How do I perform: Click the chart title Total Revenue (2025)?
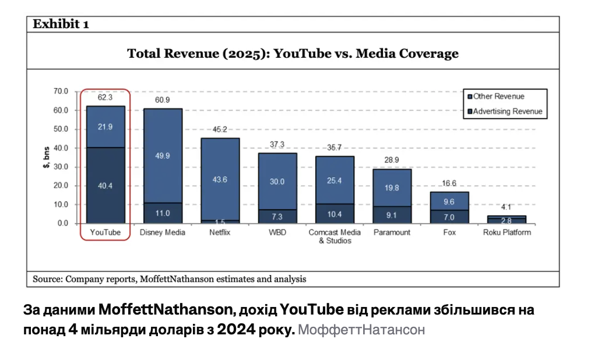click(x=293, y=54)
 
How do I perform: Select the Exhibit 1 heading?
click(x=61, y=24)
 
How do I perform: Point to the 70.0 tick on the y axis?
click(x=61, y=91)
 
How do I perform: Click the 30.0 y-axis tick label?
click(x=61, y=167)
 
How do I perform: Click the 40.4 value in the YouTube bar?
click(x=105, y=186)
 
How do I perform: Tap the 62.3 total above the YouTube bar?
click(x=105, y=98)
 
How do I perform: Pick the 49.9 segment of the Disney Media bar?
click(x=163, y=156)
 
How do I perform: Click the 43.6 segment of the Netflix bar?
click(x=220, y=179)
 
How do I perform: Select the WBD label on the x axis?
click(x=277, y=232)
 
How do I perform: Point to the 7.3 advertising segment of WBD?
click(x=277, y=217)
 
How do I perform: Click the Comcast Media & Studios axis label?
click(x=335, y=236)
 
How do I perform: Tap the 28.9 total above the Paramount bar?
click(x=392, y=160)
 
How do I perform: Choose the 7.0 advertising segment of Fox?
click(x=449, y=217)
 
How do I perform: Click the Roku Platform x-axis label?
click(x=506, y=232)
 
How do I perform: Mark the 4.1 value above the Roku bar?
click(x=506, y=207)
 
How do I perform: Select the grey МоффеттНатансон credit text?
click(x=361, y=330)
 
